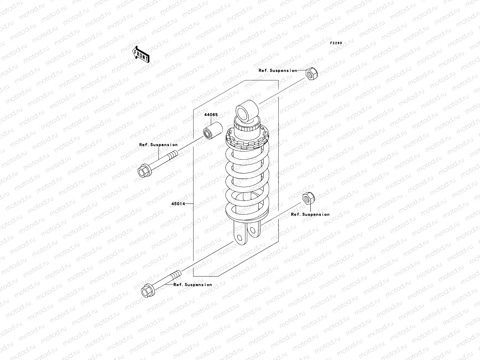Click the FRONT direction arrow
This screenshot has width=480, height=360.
click(x=141, y=54)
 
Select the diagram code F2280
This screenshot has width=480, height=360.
click(x=336, y=43)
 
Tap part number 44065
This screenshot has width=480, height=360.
click(x=211, y=115)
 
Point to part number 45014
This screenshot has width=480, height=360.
click(x=178, y=204)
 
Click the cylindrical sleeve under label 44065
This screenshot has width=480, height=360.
click(x=213, y=130)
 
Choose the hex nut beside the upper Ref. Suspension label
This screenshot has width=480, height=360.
click(x=311, y=74)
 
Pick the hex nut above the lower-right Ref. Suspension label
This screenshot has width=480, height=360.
click(x=309, y=198)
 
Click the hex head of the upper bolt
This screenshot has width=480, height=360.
click(x=144, y=171)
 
